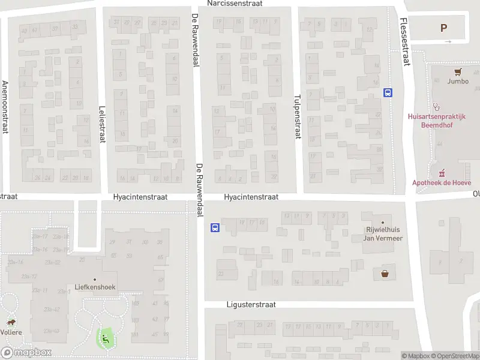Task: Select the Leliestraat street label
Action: (x=101, y=125)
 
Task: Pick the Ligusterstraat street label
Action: (x=251, y=305)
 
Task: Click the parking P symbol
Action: (x=444, y=28)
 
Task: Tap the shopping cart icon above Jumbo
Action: (x=458, y=71)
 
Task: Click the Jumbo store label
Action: (x=458, y=82)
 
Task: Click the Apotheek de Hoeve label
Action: (x=442, y=183)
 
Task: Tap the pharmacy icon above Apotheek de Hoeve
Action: (x=442, y=173)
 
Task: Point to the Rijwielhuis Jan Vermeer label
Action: (x=383, y=234)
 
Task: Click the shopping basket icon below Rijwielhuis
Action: (x=384, y=274)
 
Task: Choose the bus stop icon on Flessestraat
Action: (x=388, y=92)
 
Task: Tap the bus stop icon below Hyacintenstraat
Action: (x=215, y=227)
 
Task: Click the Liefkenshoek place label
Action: (x=95, y=287)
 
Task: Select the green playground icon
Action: (x=105, y=337)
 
